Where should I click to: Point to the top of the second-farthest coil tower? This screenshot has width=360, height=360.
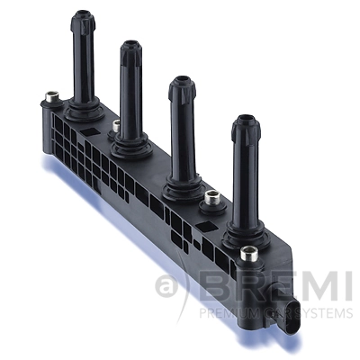pos(131,48)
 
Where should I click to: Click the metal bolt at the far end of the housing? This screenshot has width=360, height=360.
pos(50,95)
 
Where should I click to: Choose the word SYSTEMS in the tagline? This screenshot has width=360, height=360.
pos(322,314)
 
